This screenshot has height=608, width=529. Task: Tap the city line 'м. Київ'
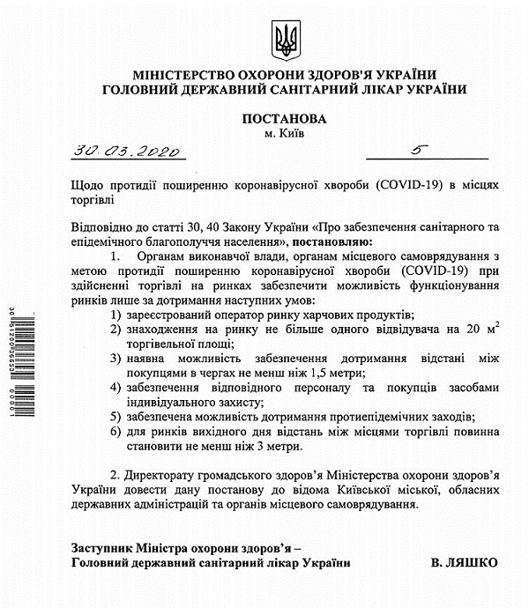(x=283, y=133)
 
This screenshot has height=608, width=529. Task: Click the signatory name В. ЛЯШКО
(x=465, y=562)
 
